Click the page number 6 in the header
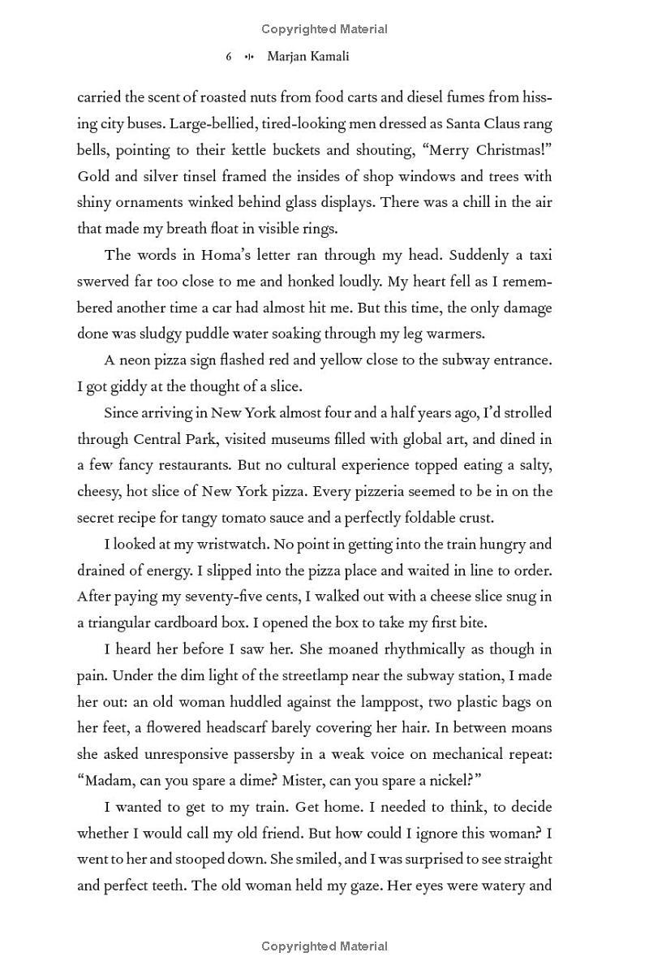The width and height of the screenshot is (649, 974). [x=229, y=57]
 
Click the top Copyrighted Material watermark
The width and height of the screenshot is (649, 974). [x=324, y=29]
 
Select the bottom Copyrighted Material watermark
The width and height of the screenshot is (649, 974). [x=324, y=946]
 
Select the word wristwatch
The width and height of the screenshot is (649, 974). [x=211, y=544]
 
